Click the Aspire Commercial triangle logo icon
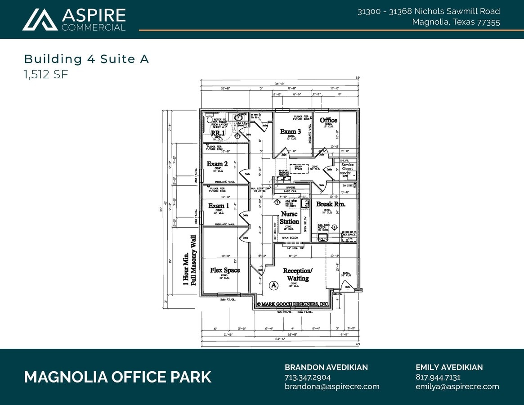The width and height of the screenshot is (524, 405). [40, 20]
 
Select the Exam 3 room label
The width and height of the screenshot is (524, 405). [290, 131]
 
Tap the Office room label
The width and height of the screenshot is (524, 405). [328, 120]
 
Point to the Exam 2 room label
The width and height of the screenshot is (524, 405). [217, 164]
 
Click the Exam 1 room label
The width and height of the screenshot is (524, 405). [219, 206]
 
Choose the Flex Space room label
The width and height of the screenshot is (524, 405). [225, 270]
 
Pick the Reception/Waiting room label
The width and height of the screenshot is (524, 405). [297, 274]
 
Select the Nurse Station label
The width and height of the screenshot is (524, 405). [289, 218]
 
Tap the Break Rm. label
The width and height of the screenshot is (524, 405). [330, 204]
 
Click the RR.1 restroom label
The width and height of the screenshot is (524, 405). [218, 133]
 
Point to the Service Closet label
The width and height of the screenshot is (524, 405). [347, 166]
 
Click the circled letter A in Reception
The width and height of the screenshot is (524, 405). [273, 285]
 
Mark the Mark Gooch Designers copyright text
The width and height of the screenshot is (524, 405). [292, 304]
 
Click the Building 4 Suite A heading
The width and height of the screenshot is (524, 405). [86, 59]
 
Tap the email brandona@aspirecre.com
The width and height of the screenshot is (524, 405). [332, 387]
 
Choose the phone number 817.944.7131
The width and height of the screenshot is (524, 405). [438, 377]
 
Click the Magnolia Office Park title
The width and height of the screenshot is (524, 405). [117, 377]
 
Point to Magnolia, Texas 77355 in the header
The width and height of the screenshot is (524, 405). [456, 22]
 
